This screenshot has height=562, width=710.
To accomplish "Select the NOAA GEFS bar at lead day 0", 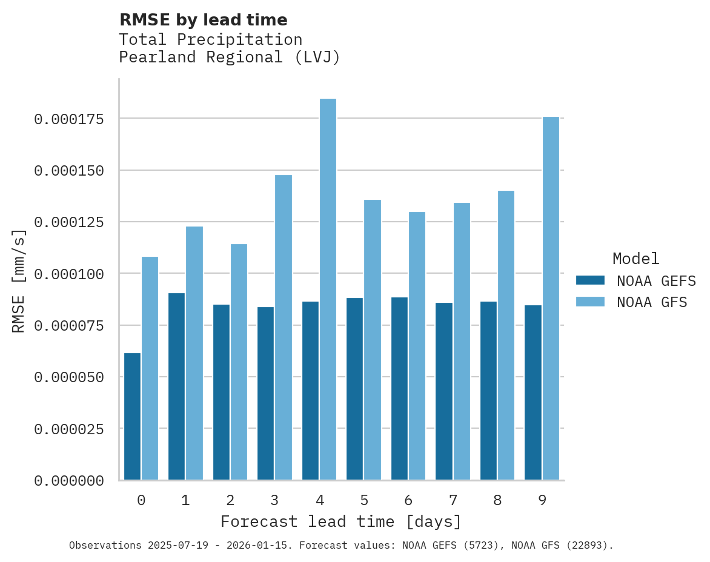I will point(132,417).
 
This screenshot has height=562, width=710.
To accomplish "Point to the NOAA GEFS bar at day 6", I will point(400,388).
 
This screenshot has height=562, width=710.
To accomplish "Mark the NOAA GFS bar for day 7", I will point(462,342).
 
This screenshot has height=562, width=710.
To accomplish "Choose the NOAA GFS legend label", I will point(652,302).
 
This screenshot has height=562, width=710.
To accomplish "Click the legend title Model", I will point(635,259).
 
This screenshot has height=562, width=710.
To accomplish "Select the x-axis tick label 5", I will point(363,500).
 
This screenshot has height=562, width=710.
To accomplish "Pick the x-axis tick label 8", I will point(497,500).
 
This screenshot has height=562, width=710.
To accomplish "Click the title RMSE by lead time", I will point(203,20).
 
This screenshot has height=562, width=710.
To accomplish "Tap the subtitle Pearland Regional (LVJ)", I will point(230,58).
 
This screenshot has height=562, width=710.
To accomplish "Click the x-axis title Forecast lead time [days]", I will point(341,521).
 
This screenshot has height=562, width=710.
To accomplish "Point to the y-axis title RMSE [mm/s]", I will point(19,281).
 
